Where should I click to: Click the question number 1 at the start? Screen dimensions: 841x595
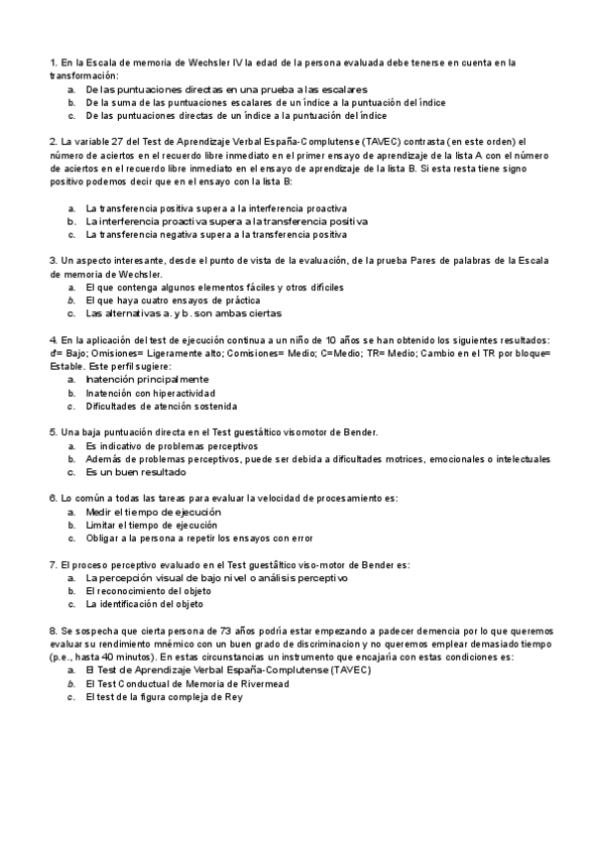(52, 62)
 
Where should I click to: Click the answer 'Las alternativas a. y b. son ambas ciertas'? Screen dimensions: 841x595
(183, 313)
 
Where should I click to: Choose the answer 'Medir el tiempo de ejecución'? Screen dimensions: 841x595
(154, 512)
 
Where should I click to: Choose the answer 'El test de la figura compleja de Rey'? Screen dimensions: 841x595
(164, 696)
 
